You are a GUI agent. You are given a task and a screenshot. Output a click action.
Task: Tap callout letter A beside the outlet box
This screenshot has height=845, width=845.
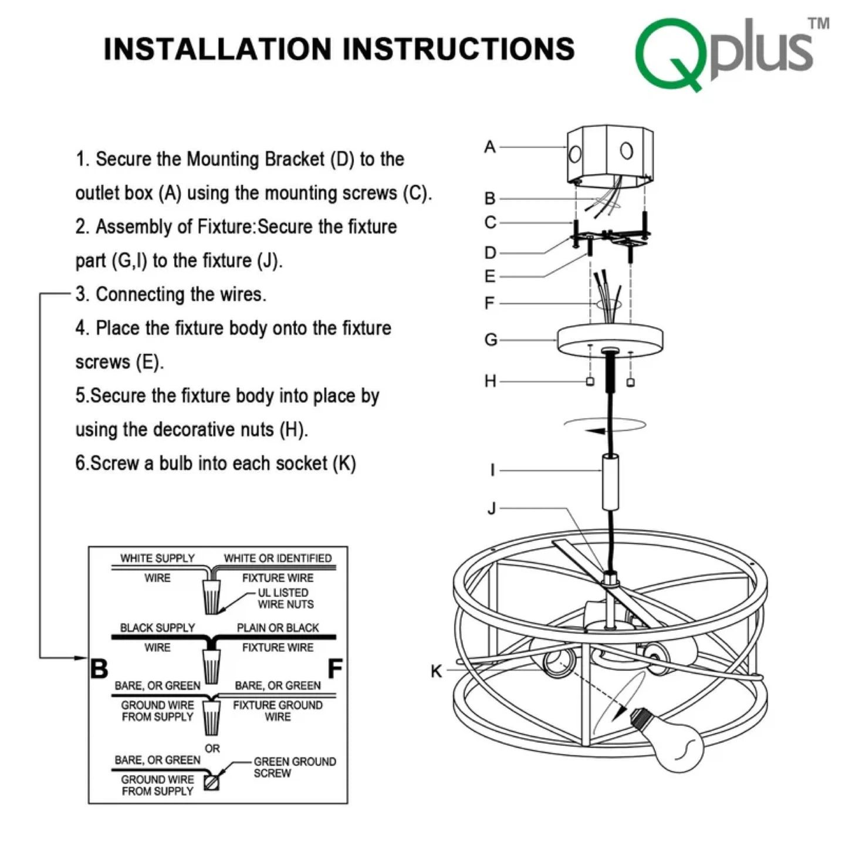[x=490, y=147]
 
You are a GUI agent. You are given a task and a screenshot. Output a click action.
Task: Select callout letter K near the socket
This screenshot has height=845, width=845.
[x=436, y=671]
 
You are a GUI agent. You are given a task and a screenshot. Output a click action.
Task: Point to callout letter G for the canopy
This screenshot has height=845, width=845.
[x=491, y=340]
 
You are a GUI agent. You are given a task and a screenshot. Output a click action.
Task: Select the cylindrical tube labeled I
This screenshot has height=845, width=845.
[x=610, y=481]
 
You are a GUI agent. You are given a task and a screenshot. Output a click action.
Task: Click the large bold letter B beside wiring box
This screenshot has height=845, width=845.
[x=99, y=668]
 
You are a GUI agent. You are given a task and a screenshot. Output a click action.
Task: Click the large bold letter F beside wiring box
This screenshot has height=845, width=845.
[x=334, y=668]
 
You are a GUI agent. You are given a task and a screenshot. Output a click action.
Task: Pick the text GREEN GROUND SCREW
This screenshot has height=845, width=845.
[x=295, y=767]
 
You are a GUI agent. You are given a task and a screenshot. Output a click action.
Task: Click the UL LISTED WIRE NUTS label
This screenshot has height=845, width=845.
[x=285, y=599]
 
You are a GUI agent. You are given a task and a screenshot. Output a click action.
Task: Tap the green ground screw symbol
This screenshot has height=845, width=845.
[x=211, y=782]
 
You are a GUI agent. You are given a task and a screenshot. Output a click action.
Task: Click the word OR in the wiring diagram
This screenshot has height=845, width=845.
[x=212, y=749]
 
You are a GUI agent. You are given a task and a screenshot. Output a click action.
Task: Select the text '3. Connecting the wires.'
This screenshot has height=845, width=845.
[x=171, y=294]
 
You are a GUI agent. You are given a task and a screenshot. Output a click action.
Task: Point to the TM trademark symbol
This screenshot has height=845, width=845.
[x=819, y=23]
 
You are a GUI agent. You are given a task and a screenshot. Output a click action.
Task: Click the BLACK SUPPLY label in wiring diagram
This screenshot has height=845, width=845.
[x=157, y=628]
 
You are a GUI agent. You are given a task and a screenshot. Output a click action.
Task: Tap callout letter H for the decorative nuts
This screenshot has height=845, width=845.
[x=491, y=381]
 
